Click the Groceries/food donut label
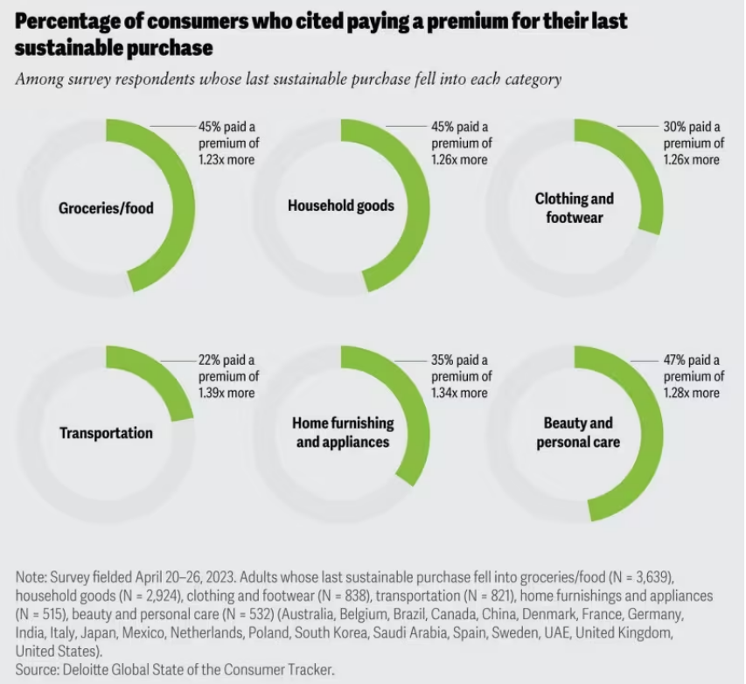tap(106, 207)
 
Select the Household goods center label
tap(340, 206)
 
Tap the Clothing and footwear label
tap(574, 207)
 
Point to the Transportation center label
tap(106, 433)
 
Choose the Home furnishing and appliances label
tap(345, 432)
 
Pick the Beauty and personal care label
tap(577, 432)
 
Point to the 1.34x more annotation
tap(459, 393)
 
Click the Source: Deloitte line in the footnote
tap(175, 670)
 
